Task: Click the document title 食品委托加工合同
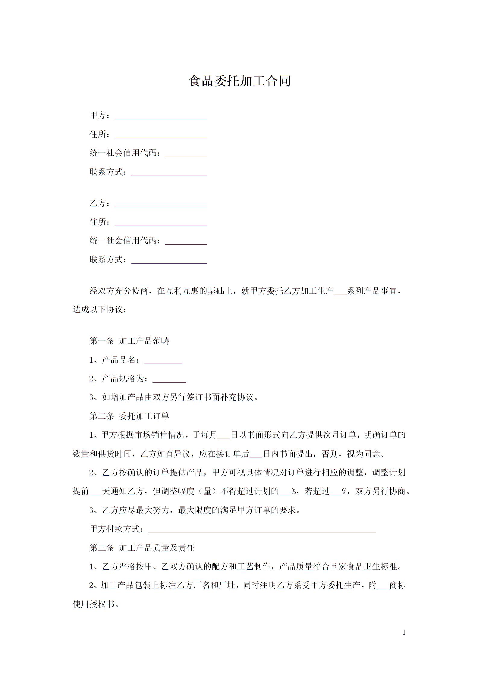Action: pyautogui.click(x=239, y=81)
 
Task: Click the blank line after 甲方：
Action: pyautogui.click(x=161, y=116)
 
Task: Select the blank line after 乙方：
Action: pyautogui.click(x=161, y=204)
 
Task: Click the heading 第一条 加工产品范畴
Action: pyautogui.click(x=129, y=341)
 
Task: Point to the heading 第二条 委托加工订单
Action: pyautogui.click(x=129, y=416)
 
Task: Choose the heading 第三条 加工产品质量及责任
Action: pyautogui.click(x=142, y=547)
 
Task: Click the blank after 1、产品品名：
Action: pyautogui.click(x=163, y=361)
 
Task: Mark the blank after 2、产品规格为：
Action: pyautogui.click(x=169, y=379)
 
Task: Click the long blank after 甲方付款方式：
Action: pyautogui.click(x=262, y=529)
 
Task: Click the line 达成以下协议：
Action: pyautogui.click(x=100, y=310)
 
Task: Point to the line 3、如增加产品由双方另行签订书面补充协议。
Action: pyautogui.click(x=174, y=397)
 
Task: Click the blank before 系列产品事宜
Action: pyautogui.click(x=340, y=292)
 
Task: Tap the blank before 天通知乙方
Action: pyautogui.click(x=96, y=492)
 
